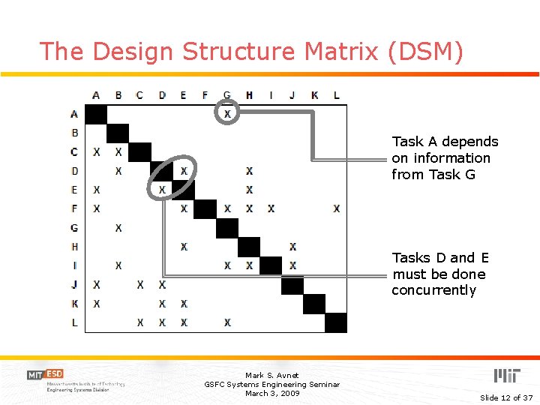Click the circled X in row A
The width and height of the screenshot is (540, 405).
tap(227, 113)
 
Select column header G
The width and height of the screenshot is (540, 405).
tap(227, 95)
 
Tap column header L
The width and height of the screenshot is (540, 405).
tap(336, 95)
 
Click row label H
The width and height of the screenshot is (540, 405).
tap(74, 246)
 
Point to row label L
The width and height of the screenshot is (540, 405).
tap(74, 322)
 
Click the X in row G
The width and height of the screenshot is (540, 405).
tap(118, 227)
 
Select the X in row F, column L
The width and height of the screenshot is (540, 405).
tap(336, 208)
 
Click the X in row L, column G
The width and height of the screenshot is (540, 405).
tap(227, 322)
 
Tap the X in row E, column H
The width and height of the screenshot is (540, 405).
tap(249, 190)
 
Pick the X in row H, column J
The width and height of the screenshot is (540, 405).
tap(292, 246)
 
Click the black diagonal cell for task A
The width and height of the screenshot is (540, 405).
tap(96, 114)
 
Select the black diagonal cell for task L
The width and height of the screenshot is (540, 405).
tap(336, 322)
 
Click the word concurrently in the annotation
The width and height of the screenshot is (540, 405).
tap(433, 290)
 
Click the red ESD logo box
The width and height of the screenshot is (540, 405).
tap(54, 373)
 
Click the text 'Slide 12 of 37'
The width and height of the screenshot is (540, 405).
tap(505, 397)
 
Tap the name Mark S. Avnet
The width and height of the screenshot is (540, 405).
tap(271, 375)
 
